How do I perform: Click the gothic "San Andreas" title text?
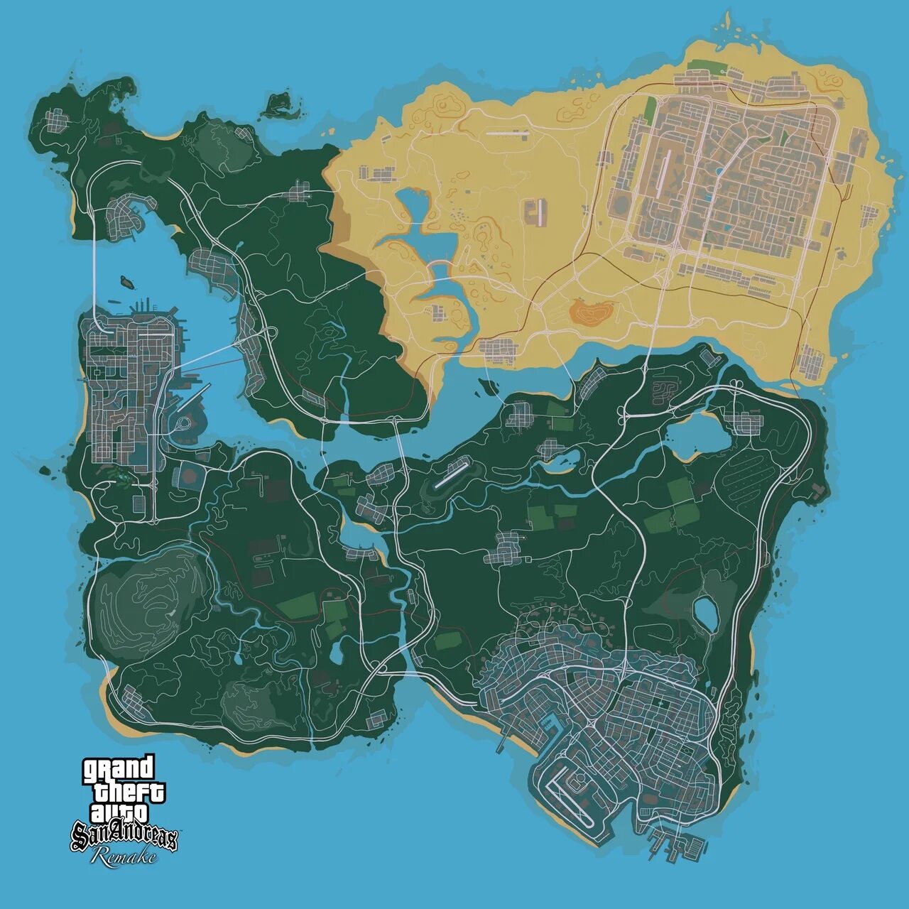point(124,837)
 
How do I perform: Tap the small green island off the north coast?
point(279,104)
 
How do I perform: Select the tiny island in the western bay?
point(128,281)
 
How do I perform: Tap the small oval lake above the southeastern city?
point(704,612)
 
